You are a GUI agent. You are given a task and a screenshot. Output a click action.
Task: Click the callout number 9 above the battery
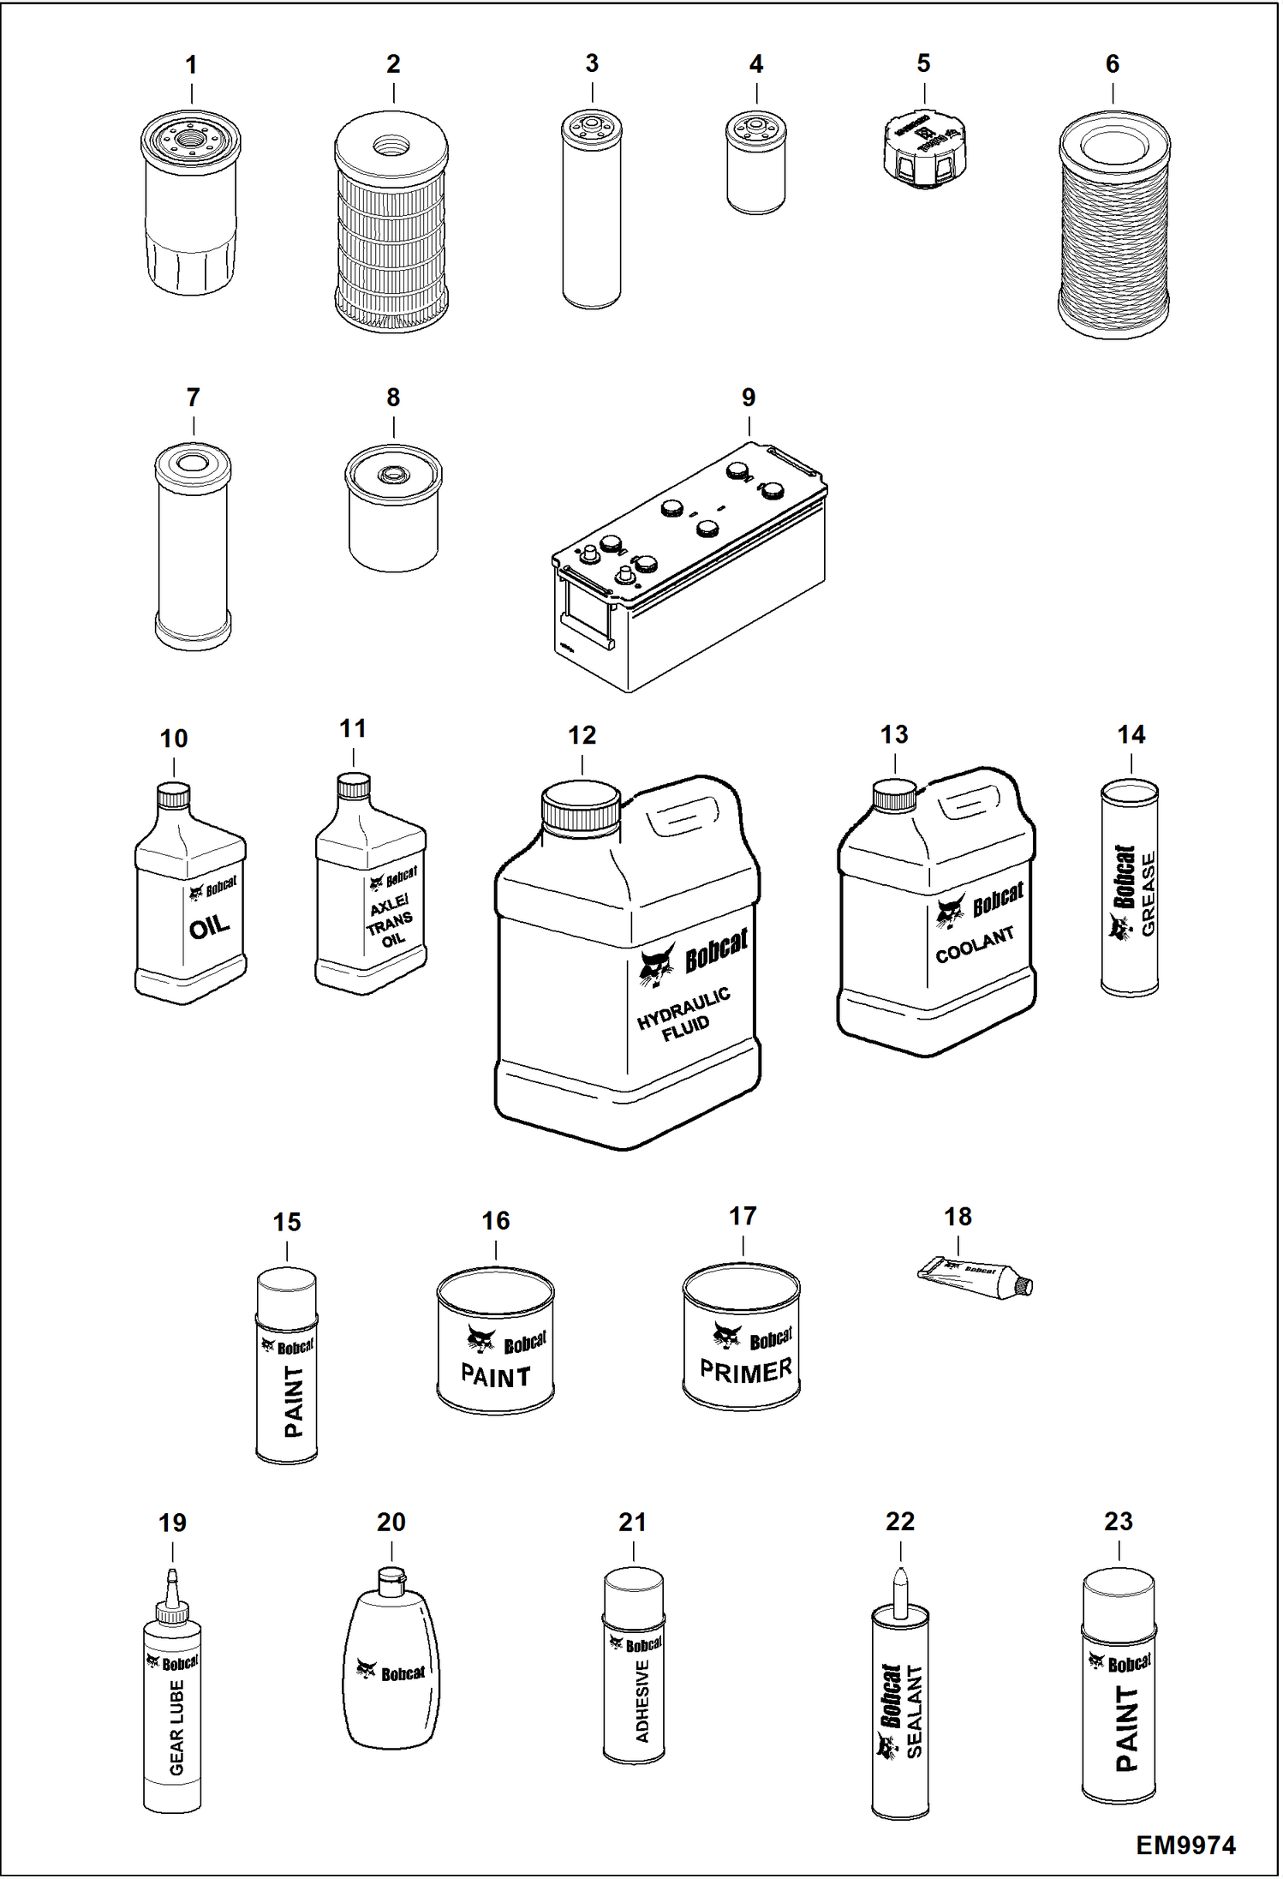[749, 398]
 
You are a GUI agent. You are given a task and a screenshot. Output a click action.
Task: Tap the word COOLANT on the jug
[975, 944]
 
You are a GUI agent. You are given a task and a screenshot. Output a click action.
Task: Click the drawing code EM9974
[1185, 1845]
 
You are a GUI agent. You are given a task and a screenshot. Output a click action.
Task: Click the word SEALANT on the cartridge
[914, 1712]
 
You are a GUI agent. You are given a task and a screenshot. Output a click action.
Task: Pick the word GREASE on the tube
[1149, 893]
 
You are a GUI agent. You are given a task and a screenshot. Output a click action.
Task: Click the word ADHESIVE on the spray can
[642, 1700]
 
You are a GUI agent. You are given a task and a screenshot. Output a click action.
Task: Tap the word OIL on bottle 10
[209, 926]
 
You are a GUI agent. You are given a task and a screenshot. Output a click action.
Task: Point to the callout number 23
[1118, 1522]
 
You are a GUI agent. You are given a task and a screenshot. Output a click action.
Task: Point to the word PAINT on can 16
[495, 1377]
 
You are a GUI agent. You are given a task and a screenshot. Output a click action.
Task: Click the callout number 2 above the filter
[393, 64]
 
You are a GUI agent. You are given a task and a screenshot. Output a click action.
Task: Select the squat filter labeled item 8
[393, 509]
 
